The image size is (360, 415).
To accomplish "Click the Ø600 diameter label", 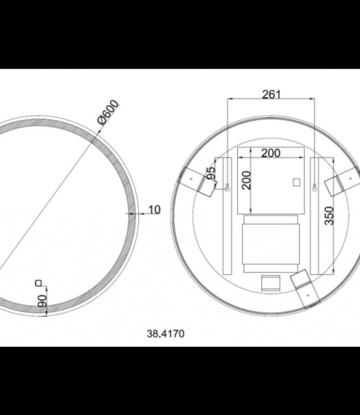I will point(108,114).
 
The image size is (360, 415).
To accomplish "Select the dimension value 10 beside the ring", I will point(155,209).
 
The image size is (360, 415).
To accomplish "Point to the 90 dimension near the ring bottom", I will point(43,302).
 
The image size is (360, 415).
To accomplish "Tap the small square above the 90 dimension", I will point(38,283).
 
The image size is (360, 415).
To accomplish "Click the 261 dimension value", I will point(271,94).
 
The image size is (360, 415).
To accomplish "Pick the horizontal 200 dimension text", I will point(271,153).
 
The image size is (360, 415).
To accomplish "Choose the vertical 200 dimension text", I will point(246,180).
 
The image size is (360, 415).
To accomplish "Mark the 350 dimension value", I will point(329,216).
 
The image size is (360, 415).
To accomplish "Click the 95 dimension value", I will point(210,174).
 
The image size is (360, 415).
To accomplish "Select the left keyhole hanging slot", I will point(227,188).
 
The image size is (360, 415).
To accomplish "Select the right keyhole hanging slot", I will point(314,188).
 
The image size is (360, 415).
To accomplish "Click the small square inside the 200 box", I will point(295,181).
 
